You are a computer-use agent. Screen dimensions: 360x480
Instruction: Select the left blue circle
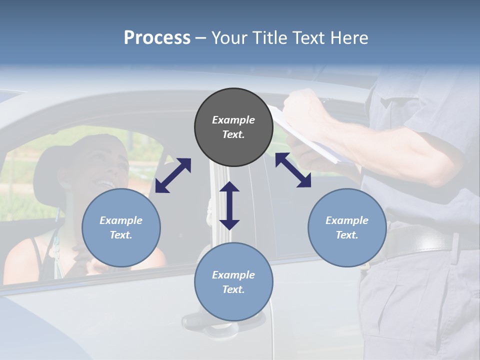(x=121, y=227)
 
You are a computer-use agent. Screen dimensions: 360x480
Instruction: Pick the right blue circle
(x=347, y=227)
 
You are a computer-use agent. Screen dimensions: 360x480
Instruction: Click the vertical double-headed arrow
(x=229, y=205)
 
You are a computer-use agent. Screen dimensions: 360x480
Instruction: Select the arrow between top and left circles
(x=173, y=175)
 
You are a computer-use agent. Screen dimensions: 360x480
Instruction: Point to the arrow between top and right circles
(x=293, y=170)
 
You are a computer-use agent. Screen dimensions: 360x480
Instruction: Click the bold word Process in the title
(x=157, y=37)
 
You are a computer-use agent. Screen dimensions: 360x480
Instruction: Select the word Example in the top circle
(x=233, y=120)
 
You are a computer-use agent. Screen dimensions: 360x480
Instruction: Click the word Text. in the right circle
(x=347, y=235)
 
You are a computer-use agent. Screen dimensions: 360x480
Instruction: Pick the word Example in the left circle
(x=121, y=220)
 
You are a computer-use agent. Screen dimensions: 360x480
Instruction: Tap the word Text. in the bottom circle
(x=233, y=289)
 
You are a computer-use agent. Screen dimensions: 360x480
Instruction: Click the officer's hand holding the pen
(x=300, y=107)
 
